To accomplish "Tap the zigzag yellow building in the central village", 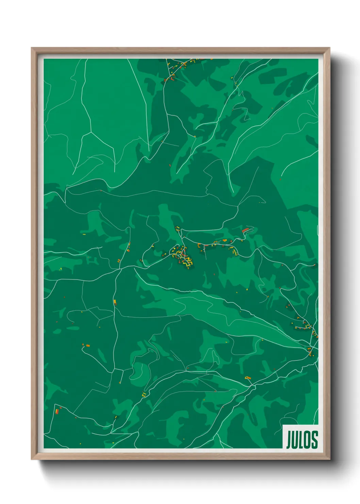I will pos(186,262).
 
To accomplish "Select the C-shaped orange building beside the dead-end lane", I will pos(115,302).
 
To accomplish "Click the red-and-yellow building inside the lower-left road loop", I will pos(57,411).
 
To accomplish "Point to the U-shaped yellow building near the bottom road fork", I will pos(144,395).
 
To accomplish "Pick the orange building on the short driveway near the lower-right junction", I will pos(248,378).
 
